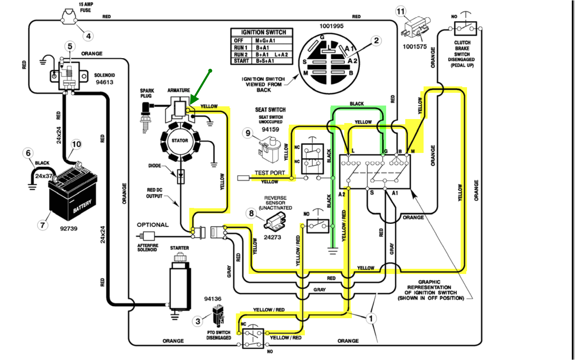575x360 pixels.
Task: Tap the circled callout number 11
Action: [400, 11]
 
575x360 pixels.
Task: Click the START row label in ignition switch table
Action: [241, 61]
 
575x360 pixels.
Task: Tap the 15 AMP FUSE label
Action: [86, 7]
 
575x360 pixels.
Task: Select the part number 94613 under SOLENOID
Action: [104, 82]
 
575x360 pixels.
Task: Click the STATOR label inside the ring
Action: [180, 141]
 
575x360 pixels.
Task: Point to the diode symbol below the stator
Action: [181, 174]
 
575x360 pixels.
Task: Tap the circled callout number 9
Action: [248, 133]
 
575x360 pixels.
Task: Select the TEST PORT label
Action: [270, 173]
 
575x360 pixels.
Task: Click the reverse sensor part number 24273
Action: [272, 237]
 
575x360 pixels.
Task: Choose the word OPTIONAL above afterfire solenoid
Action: [153, 225]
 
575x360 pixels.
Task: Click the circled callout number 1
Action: [371, 318]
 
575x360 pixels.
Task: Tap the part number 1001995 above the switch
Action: [331, 26]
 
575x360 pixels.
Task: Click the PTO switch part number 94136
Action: [212, 299]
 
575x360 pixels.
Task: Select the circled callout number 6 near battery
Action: [28, 153]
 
